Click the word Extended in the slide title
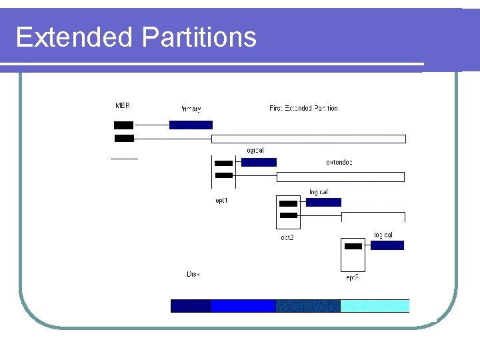click(73, 37)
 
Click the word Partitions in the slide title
click(199, 37)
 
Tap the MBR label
click(123, 105)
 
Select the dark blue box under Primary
click(191, 125)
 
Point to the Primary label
click(191, 109)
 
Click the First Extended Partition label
click(303, 108)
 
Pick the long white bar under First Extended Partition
click(309, 139)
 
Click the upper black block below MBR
click(123, 125)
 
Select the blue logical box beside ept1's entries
click(259, 162)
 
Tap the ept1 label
click(221, 201)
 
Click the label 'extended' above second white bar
click(339, 162)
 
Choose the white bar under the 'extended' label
click(341, 177)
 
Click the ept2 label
click(287, 237)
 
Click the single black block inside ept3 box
click(353, 246)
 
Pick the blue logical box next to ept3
click(387, 245)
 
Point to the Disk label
click(193, 274)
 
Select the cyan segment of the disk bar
click(375, 306)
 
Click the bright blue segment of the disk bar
click(243, 306)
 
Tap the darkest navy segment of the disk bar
click(191, 306)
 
